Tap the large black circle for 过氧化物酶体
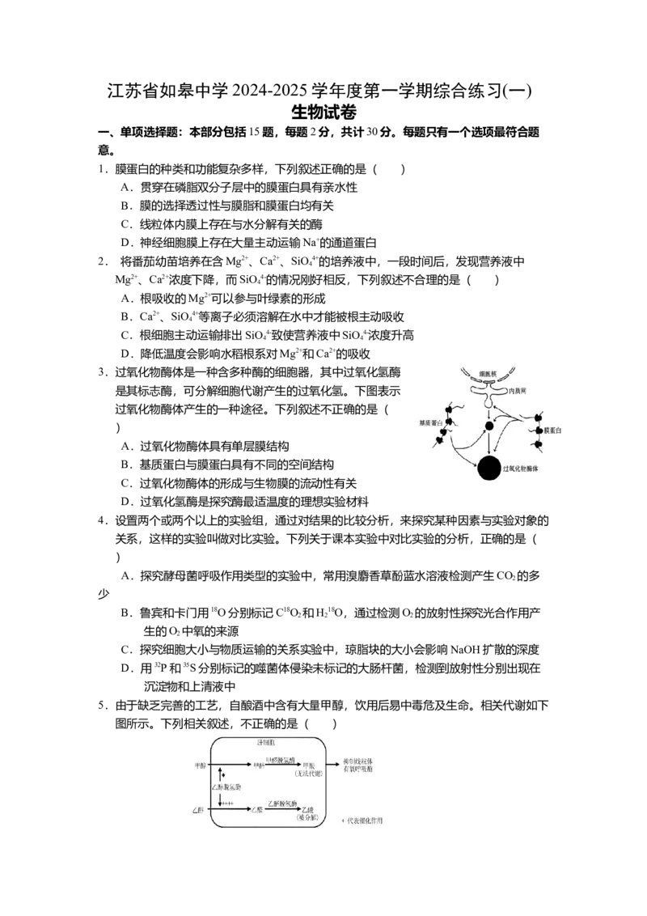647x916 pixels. tap(488, 468)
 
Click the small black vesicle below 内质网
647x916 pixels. tap(488, 426)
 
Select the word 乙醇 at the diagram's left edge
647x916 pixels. tap(201, 809)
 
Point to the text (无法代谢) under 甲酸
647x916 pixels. tap(309, 772)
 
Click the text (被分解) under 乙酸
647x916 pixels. tap(308, 819)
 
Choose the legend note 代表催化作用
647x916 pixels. tap(366, 820)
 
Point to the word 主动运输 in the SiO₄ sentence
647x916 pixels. tap(205, 336)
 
